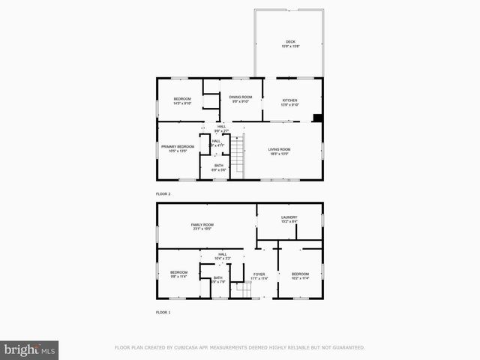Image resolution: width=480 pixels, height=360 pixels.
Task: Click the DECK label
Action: click(289, 41)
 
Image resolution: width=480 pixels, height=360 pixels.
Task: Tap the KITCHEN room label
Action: click(289, 100)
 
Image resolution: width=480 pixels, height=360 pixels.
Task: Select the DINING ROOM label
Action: click(241, 97)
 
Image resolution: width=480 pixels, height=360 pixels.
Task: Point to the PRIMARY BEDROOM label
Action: click(178, 146)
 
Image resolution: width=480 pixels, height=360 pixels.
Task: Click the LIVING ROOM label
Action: click(279, 149)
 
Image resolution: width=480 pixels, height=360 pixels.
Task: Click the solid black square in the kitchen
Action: click(317, 117)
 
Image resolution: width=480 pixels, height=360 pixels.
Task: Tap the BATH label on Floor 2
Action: click(218, 166)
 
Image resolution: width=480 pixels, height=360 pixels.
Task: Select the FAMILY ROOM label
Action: click(202, 225)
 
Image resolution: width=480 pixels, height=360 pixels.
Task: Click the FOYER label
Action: click(259, 274)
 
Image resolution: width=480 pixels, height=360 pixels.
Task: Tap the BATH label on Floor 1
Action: click(217, 278)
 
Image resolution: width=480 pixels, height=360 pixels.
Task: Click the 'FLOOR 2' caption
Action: click(163, 194)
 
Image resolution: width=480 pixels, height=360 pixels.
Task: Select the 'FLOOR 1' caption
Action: click(163, 312)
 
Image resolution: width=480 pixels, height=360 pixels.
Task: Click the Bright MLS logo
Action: click(29, 349)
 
